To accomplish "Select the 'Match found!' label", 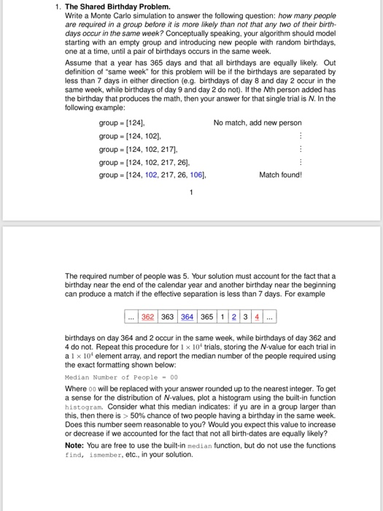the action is [280, 174].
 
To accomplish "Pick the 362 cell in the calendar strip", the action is [151, 317].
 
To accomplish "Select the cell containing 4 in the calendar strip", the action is [256, 317].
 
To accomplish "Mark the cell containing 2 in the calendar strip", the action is [236, 317].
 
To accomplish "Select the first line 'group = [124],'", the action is [120, 123].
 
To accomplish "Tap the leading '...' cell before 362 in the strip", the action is [131, 317].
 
